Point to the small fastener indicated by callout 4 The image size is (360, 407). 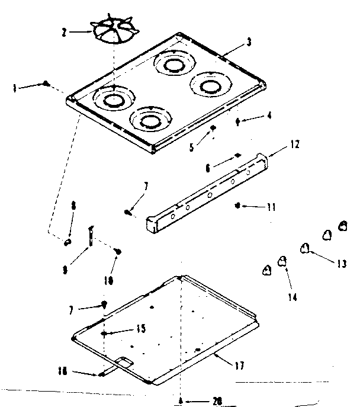pos(237,122)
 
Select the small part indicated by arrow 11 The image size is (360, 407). pos(237,206)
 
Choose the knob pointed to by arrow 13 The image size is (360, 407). pos(305,248)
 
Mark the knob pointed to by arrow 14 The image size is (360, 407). pos(283,259)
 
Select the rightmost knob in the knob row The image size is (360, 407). pos(342,225)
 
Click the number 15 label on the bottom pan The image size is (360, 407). pos(141,328)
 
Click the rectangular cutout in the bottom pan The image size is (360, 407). pos(123,361)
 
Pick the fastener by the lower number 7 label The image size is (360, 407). pos(104,305)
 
